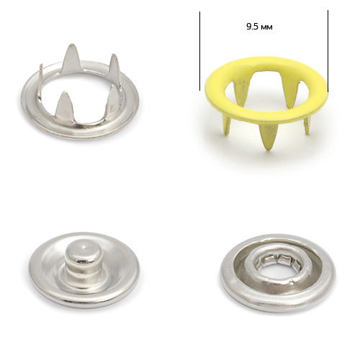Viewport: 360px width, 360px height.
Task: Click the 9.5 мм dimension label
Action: point(259,27)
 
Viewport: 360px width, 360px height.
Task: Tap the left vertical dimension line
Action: point(199,51)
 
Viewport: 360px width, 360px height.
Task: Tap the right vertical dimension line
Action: point(328,51)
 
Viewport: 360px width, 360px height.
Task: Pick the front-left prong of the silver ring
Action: point(63,103)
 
